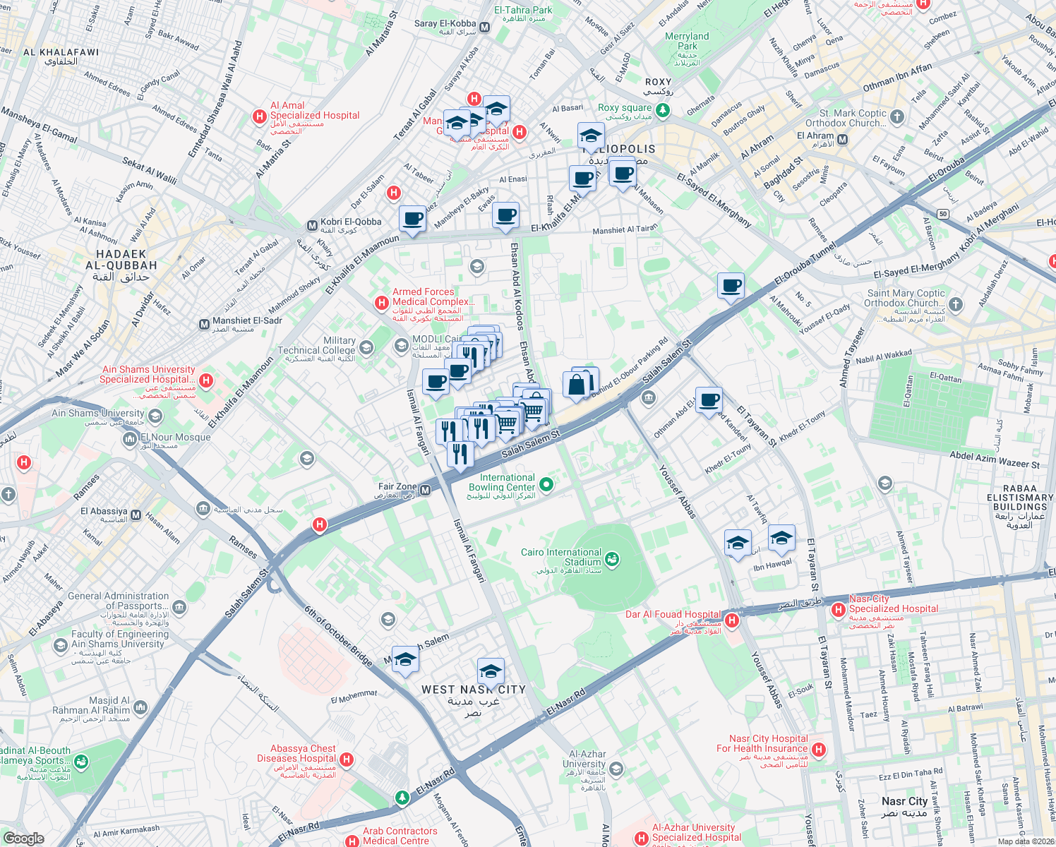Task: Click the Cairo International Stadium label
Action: [561, 557]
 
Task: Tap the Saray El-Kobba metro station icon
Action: [485, 28]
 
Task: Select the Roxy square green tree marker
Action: [662, 109]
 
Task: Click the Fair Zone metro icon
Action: [425, 490]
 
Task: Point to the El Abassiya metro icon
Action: [136, 515]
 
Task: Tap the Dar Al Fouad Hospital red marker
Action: [732, 620]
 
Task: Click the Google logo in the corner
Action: [24, 839]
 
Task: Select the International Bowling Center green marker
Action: [546, 484]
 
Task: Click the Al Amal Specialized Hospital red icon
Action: [260, 116]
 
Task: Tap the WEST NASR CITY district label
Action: [473, 690]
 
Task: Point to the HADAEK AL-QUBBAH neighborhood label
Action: [121, 260]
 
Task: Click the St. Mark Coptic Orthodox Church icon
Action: [896, 117]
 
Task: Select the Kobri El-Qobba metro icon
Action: [312, 226]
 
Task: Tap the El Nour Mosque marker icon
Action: [130, 440]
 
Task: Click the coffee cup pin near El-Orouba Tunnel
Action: [731, 286]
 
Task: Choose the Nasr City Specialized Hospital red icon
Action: [838, 609]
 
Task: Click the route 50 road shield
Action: [943, 214]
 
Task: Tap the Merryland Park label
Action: [687, 41]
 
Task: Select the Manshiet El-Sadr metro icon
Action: [204, 325]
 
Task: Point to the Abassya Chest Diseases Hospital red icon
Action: [346, 759]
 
